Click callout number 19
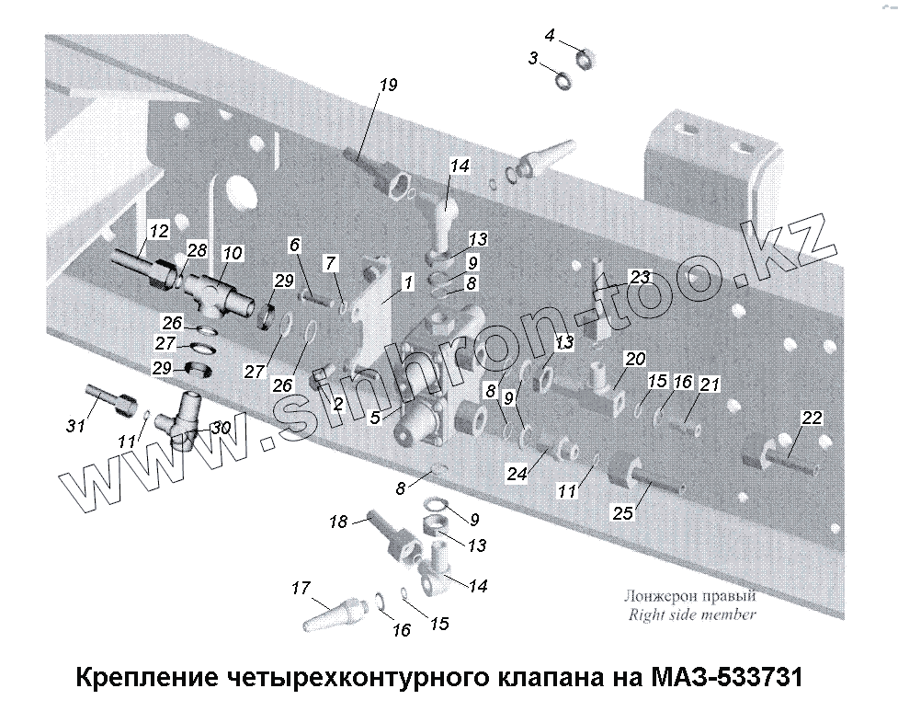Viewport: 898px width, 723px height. pyautogui.click(x=388, y=86)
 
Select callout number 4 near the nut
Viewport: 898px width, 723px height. pyautogui.click(x=550, y=36)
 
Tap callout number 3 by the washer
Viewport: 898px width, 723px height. pyautogui.click(x=533, y=58)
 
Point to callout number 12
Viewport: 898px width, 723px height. pyautogui.click(x=159, y=230)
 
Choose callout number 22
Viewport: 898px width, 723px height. pyautogui.click(x=811, y=418)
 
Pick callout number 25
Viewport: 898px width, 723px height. pyautogui.click(x=623, y=513)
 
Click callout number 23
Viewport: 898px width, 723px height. pyautogui.click(x=640, y=276)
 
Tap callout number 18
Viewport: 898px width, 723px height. pyautogui.click(x=338, y=522)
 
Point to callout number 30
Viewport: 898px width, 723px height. pyautogui.click(x=220, y=427)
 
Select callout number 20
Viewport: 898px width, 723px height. pyautogui.click(x=636, y=359)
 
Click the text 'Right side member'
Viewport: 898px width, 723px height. pyautogui.click(x=691, y=615)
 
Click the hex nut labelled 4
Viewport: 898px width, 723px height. pyautogui.click(x=583, y=61)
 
